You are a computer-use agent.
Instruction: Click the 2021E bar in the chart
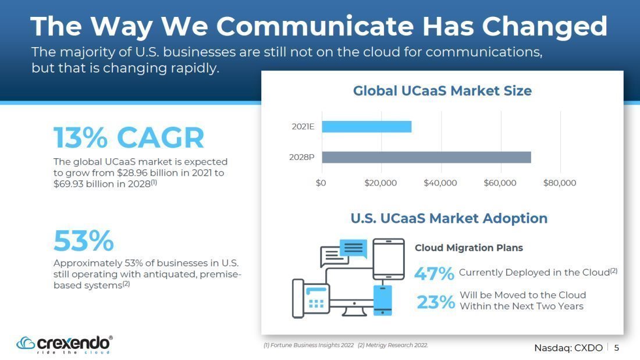(x=367, y=127)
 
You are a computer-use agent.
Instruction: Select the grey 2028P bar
(x=426, y=157)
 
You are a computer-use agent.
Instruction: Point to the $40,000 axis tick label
(x=440, y=183)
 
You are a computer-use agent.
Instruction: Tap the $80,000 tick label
(x=560, y=183)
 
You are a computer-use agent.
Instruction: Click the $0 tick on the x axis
(x=321, y=183)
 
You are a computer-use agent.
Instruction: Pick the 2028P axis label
(x=301, y=157)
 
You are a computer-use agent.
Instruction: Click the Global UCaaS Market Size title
(x=442, y=91)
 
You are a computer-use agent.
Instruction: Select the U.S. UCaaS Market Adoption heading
(x=449, y=218)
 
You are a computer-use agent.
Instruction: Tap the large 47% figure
(x=434, y=273)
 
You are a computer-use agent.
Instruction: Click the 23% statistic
(x=436, y=302)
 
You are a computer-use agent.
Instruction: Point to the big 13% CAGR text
(x=129, y=137)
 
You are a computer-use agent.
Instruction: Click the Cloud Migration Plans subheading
(x=468, y=248)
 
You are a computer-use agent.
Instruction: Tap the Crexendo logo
(x=65, y=345)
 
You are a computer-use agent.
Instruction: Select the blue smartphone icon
(x=382, y=301)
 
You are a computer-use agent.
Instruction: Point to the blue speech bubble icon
(x=353, y=248)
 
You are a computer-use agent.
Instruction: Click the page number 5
(x=617, y=348)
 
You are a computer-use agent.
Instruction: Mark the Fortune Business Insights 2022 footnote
(x=308, y=345)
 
